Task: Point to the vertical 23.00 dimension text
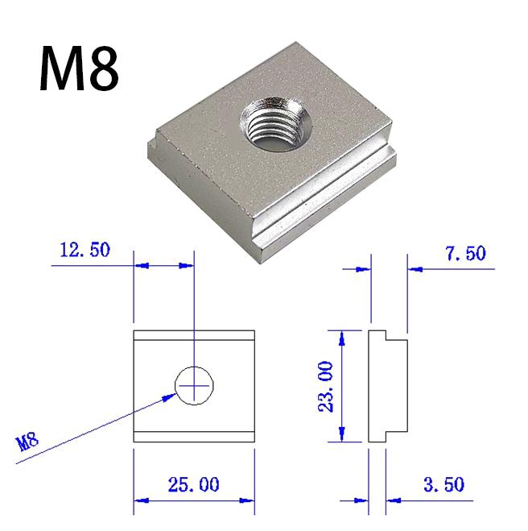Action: point(325,387)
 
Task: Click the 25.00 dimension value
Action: point(192,485)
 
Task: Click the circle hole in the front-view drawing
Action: point(194,386)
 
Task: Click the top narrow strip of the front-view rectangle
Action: point(194,336)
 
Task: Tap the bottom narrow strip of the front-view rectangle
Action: point(194,437)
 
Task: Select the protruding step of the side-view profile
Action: point(398,387)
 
